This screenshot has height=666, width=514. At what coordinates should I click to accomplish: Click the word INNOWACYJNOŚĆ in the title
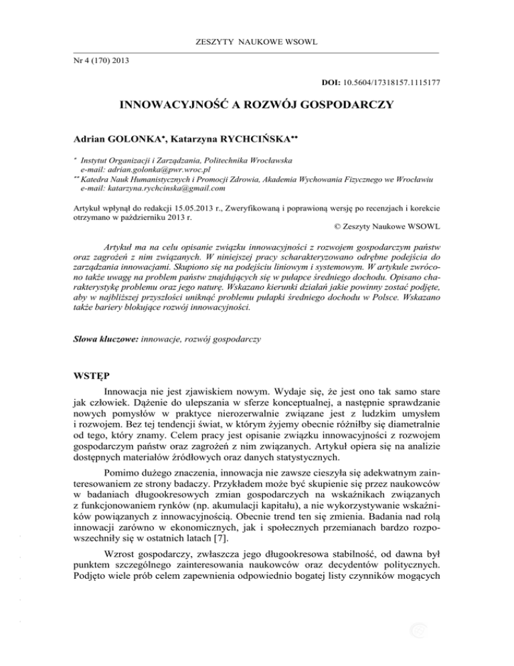(x=175, y=106)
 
